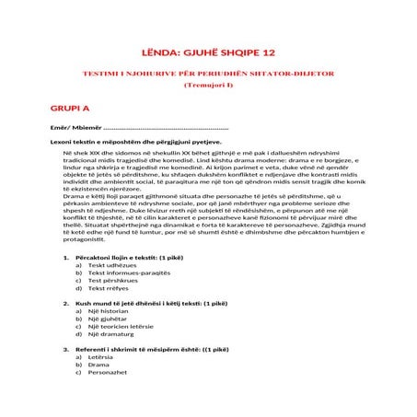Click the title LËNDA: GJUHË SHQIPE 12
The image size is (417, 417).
pyautogui.click(x=208, y=52)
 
